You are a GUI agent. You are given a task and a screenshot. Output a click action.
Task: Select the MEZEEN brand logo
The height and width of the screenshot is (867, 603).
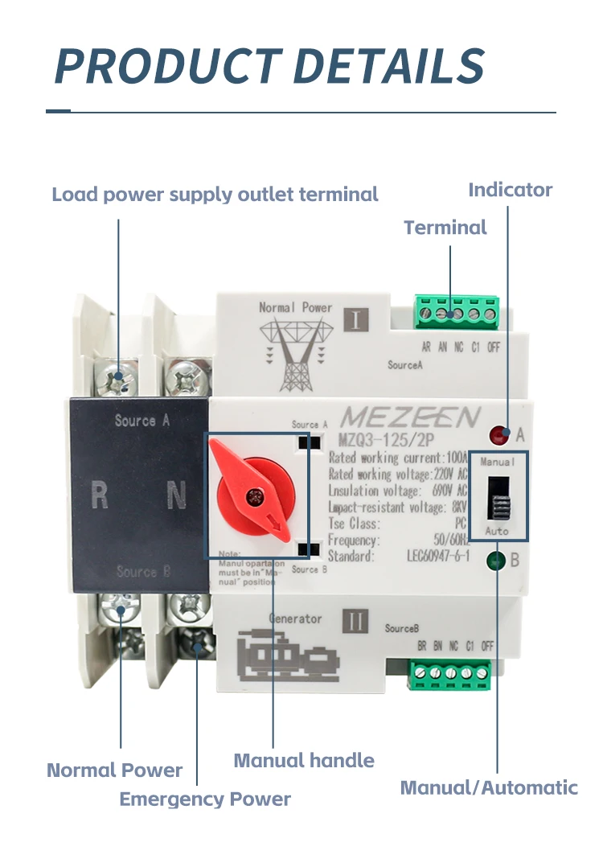click(410, 418)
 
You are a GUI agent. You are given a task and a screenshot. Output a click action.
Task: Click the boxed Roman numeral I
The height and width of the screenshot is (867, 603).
click(356, 319)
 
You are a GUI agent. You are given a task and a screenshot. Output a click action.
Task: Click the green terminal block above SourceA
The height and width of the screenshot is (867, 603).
click(456, 310)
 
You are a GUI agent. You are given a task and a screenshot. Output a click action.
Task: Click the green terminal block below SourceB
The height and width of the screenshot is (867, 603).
click(450, 674)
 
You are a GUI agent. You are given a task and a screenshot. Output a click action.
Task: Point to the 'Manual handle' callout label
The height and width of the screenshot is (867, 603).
click(304, 760)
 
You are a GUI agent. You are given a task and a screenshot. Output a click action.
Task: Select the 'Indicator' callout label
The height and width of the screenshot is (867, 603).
click(511, 190)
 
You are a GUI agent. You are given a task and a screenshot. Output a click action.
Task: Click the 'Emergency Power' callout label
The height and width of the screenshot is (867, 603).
click(205, 799)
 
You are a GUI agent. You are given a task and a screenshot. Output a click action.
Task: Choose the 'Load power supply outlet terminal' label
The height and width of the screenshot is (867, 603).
click(215, 194)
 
